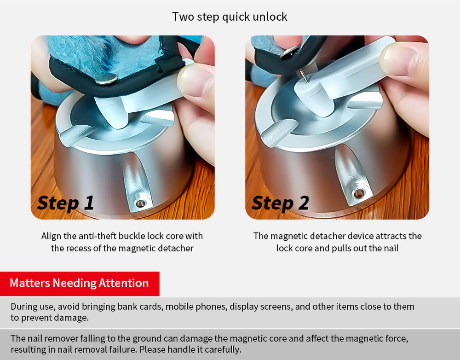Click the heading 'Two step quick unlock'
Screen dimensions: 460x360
click(x=230, y=17)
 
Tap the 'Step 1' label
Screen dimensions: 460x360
click(x=65, y=203)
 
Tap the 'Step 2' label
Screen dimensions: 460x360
click(x=280, y=203)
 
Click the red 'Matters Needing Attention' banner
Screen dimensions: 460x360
click(x=80, y=284)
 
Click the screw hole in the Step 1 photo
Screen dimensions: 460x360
click(x=140, y=203)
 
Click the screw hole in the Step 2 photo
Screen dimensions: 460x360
click(x=358, y=193)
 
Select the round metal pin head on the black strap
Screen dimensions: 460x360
click(x=106, y=78)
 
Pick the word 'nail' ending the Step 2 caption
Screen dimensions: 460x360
click(x=391, y=249)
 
